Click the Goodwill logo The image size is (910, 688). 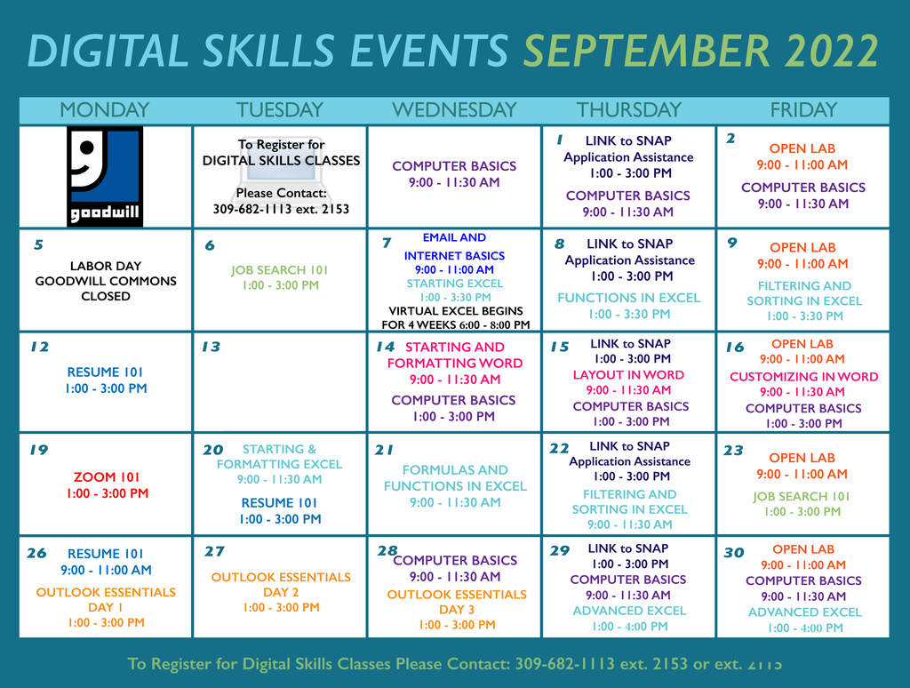(x=105, y=176)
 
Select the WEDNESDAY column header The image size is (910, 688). (x=454, y=109)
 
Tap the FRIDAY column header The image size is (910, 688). (x=803, y=109)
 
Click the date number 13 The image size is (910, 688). (x=212, y=347)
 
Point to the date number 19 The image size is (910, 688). (x=39, y=450)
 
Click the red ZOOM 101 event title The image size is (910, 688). (x=107, y=477)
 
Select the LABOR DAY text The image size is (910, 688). (x=106, y=266)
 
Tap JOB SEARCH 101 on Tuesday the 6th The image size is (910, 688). (x=280, y=270)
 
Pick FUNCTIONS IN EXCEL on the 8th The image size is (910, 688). (x=629, y=298)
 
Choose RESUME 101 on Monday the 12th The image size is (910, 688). (x=105, y=372)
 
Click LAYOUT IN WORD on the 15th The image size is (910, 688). (x=628, y=375)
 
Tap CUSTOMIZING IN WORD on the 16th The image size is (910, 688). (x=803, y=377)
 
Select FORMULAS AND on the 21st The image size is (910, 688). (x=455, y=469)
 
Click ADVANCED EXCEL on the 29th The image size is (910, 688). (x=629, y=611)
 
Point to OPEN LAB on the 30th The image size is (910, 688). (x=803, y=549)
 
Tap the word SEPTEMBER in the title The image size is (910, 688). (x=647, y=51)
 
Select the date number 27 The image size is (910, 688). (x=214, y=551)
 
